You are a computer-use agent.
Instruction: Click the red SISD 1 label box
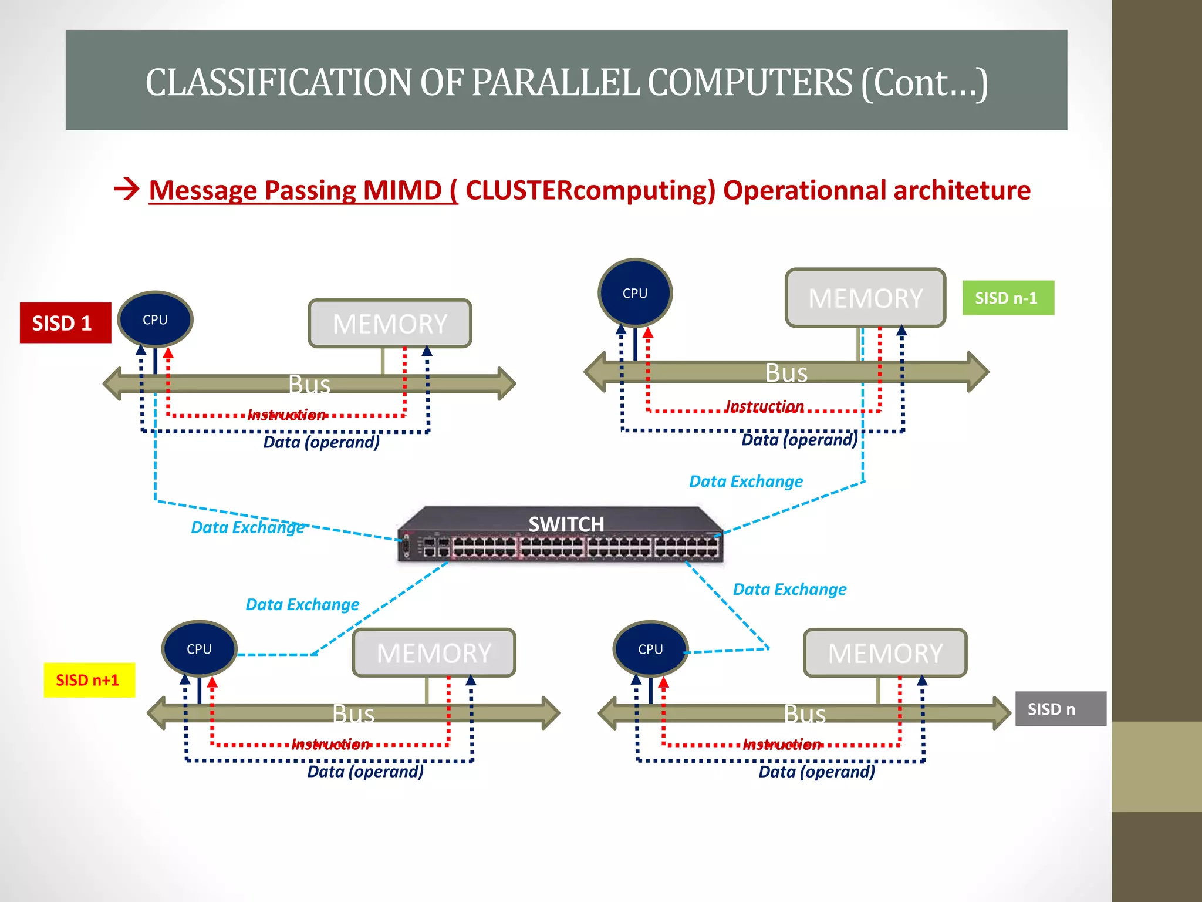tap(65, 323)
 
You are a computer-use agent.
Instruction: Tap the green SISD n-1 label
tap(1008, 298)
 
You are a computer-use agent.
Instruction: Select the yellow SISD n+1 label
tap(89, 680)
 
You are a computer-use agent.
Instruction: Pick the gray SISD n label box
tap(1060, 709)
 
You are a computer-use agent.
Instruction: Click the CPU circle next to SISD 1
tap(156, 319)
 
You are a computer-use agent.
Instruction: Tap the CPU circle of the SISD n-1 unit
tap(635, 293)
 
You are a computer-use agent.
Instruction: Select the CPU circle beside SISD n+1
tap(199, 649)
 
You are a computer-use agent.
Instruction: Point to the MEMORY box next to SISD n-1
tap(865, 298)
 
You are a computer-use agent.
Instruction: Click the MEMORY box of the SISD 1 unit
tap(390, 324)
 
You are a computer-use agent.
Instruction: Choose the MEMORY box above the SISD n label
tap(884, 653)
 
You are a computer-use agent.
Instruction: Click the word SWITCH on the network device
tap(566, 524)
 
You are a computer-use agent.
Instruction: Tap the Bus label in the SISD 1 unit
tap(309, 385)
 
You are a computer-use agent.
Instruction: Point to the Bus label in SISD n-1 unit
tap(786, 373)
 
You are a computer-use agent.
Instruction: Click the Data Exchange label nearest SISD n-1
tap(745, 482)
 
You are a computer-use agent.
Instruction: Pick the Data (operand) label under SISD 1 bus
tap(321, 442)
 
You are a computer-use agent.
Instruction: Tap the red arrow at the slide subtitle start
tap(127, 189)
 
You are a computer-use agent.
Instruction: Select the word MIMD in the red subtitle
tap(402, 190)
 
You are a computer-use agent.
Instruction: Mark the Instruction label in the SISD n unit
tap(782, 745)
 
